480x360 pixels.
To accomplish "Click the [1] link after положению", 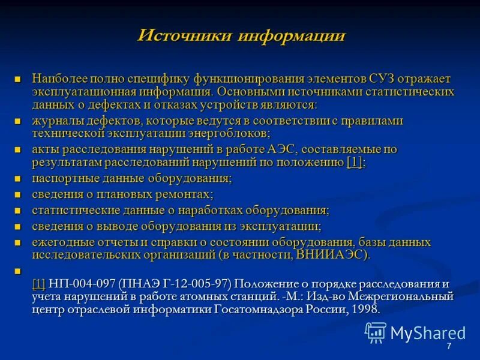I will (355, 162).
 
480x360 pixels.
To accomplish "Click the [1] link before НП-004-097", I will (39, 284).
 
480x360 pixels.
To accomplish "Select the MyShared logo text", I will (427, 333).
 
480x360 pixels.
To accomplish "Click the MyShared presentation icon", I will (376, 332).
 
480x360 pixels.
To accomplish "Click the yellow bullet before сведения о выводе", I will (18, 226).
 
